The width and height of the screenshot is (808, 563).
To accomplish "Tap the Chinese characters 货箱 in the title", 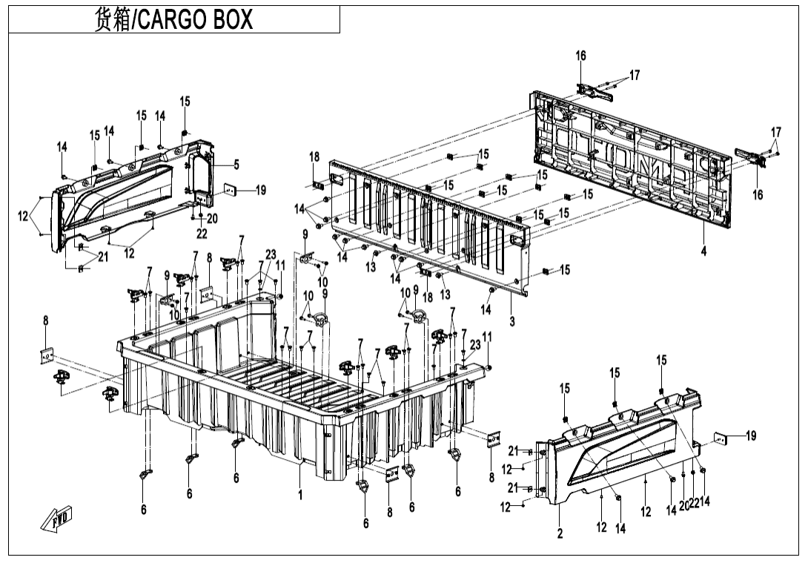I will click(x=113, y=20).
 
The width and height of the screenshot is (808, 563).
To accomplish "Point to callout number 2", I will click(x=560, y=533).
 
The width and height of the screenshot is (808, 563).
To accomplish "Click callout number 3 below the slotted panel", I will click(x=511, y=322).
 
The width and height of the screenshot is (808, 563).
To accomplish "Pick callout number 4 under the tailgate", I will click(x=703, y=251).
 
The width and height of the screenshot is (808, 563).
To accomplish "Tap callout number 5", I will click(x=236, y=164).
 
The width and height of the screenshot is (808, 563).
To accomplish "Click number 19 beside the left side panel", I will click(x=260, y=191).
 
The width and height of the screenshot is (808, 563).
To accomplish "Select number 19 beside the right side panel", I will click(x=751, y=435).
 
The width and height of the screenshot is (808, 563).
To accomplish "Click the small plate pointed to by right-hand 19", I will click(x=720, y=438).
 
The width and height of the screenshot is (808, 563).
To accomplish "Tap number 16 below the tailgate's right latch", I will click(x=758, y=195).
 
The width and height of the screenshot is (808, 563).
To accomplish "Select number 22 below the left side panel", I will click(x=202, y=233).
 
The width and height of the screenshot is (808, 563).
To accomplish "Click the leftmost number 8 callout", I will click(x=45, y=320).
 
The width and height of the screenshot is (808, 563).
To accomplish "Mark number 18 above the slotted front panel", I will click(x=315, y=157).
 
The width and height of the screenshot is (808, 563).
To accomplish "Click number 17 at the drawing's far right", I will click(x=775, y=132).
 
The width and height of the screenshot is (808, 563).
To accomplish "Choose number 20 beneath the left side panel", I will click(x=212, y=218).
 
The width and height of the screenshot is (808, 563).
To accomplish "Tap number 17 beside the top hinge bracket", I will click(x=635, y=75).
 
